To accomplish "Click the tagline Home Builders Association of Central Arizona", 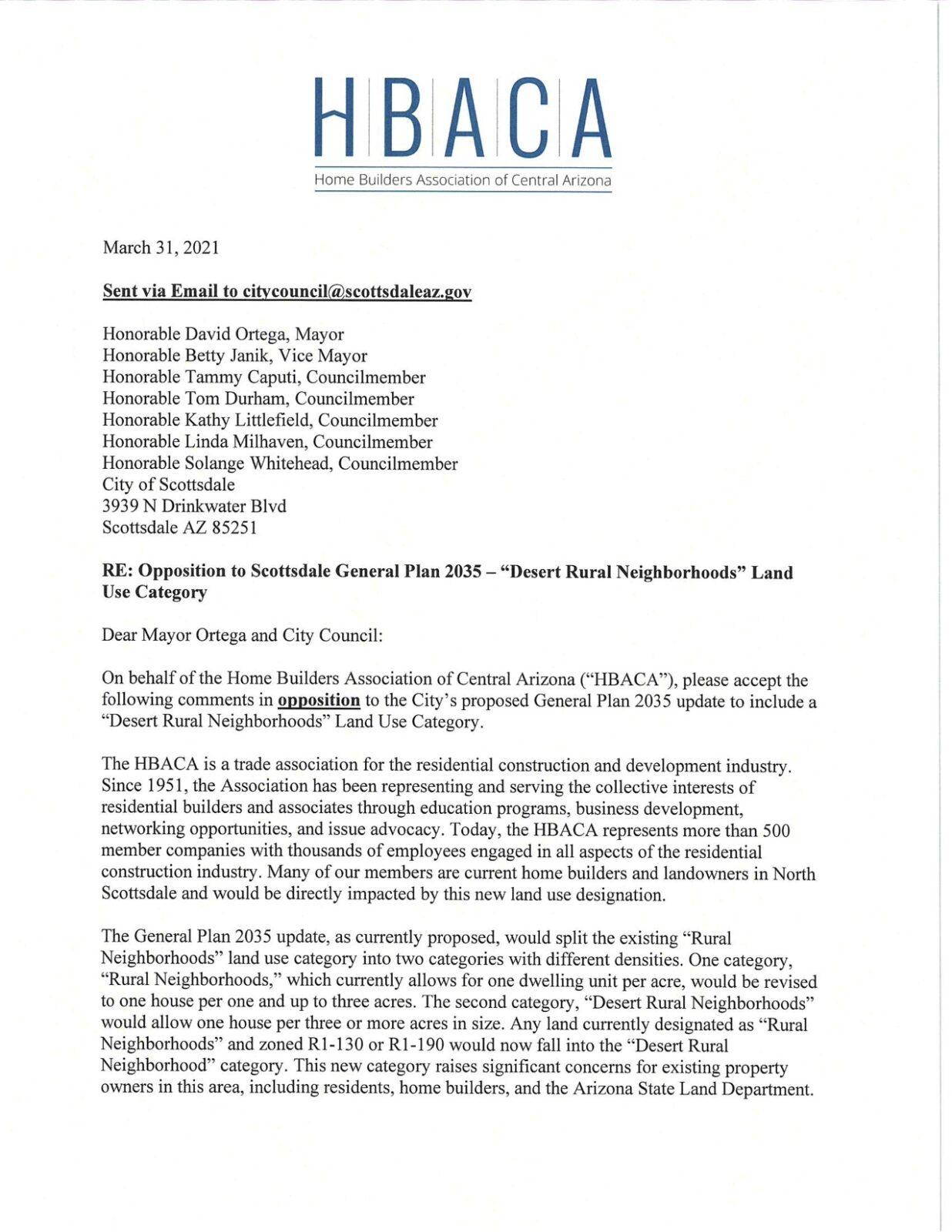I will tap(463, 180).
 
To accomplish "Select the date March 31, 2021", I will tap(161, 248).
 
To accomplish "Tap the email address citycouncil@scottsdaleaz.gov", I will tap(357, 292).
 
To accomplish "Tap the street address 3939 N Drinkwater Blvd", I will tap(194, 507).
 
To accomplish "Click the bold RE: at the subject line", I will tap(116, 571).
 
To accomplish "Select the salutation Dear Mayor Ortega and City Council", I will tap(241, 635).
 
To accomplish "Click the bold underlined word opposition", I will tap(319, 701).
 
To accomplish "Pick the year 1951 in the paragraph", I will tap(165, 786).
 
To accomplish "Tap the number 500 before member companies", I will tap(776, 830).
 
